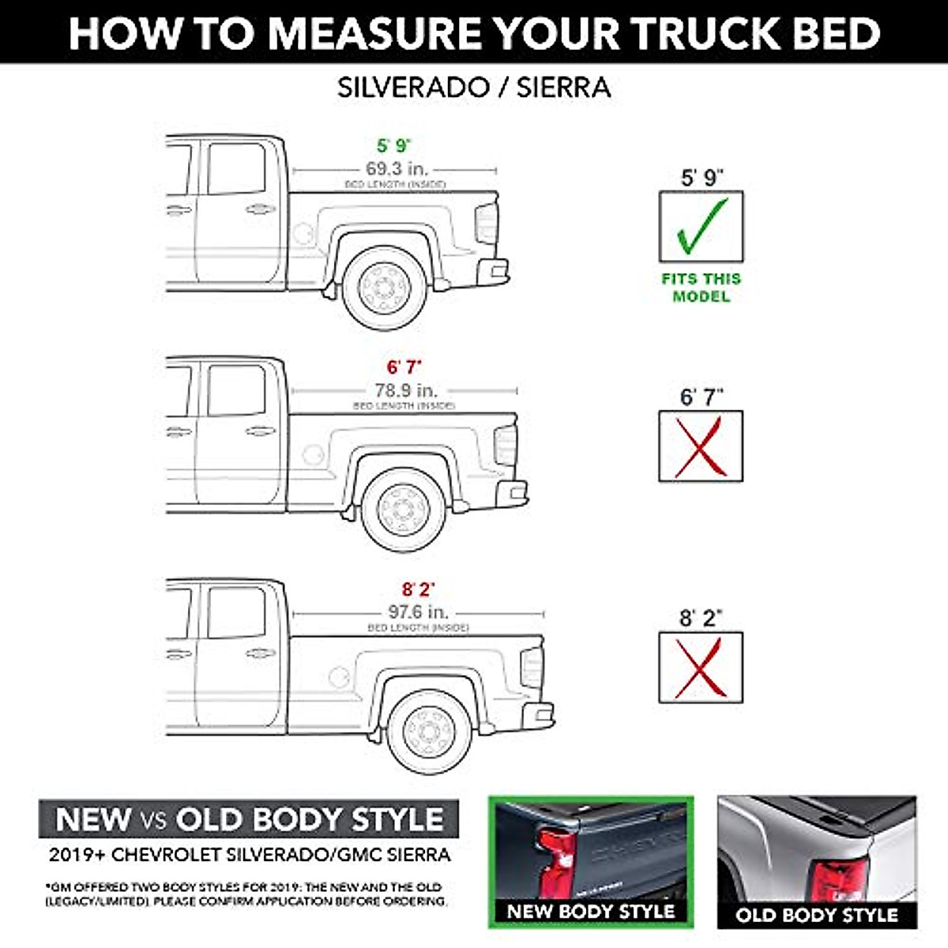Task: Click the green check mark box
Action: pyautogui.click(x=701, y=227)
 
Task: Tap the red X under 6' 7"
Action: pyautogui.click(x=701, y=446)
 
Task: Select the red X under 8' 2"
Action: pyautogui.click(x=701, y=668)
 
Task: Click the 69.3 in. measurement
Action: pyautogui.click(x=396, y=169)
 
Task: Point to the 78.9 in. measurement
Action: pyautogui.click(x=405, y=390)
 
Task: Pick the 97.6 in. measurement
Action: pyautogui.click(x=419, y=612)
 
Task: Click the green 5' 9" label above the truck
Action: pyautogui.click(x=394, y=146)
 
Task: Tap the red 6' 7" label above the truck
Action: pyautogui.click(x=404, y=367)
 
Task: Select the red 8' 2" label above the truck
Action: pyautogui.click(x=419, y=590)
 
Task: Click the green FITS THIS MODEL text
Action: pyautogui.click(x=702, y=288)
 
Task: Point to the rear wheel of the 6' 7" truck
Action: pyautogui.click(x=404, y=508)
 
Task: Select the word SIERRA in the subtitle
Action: pyautogui.click(x=563, y=88)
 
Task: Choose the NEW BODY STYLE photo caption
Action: pyautogui.click(x=591, y=911)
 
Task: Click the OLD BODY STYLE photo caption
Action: pyautogui.click(x=817, y=916)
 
